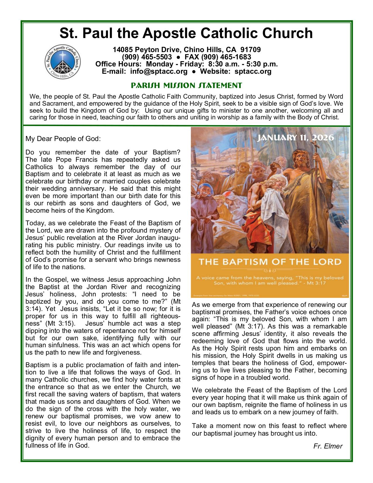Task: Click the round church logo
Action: click(x=62, y=62)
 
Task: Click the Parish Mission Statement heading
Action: click(x=186, y=85)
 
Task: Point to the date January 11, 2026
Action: click(x=295, y=137)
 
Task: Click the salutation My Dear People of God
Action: click(x=63, y=139)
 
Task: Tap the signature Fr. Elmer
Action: click(x=328, y=446)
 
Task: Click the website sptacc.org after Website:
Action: click(x=253, y=71)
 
